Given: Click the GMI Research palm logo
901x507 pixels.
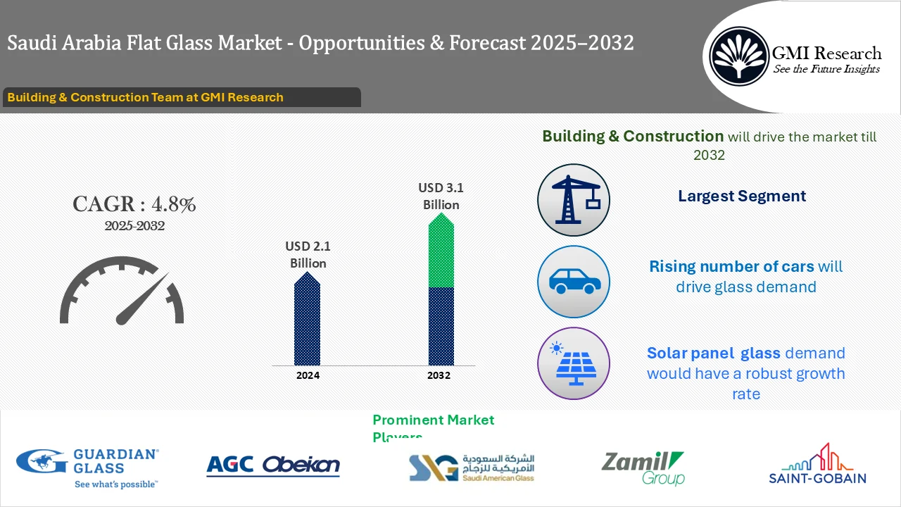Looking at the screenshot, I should [738, 56].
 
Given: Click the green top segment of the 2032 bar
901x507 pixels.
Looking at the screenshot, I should [441, 254].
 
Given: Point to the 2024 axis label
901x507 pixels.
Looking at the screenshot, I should [308, 375].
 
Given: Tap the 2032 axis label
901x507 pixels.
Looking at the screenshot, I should [439, 375].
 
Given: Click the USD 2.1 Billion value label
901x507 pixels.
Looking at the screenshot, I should [308, 255].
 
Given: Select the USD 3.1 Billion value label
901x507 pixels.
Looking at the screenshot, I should [441, 196].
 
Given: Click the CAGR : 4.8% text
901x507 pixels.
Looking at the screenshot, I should [134, 204].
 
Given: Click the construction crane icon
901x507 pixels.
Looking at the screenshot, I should [573, 201].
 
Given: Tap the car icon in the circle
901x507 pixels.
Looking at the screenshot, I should [573, 282].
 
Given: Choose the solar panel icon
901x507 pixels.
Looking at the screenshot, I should [573, 363].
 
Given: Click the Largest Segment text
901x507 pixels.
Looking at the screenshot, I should [742, 196].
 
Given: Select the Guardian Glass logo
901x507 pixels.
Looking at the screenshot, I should [88, 467].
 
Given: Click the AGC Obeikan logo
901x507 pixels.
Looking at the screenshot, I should [273, 465].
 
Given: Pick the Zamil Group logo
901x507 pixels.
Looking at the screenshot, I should [642, 468].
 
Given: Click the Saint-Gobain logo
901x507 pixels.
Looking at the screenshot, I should [817, 465].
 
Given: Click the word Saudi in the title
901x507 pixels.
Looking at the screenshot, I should [32, 44].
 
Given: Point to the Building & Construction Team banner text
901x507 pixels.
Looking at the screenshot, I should [145, 97].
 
